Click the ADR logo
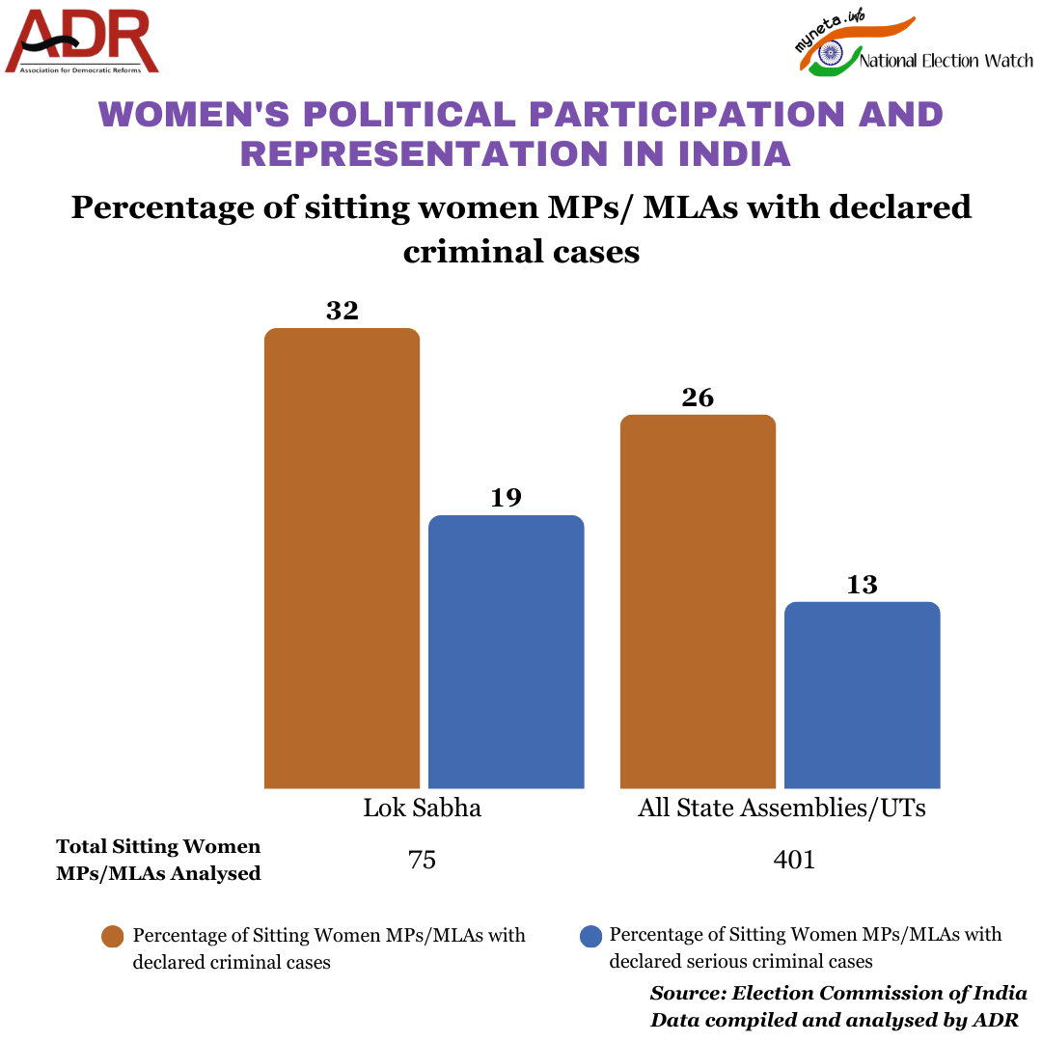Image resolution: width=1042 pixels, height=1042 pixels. (82, 41)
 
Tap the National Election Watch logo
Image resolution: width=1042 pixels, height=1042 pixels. (912, 48)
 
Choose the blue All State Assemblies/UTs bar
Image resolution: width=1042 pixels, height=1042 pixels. (862, 695)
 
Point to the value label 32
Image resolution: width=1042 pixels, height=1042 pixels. (343, 311)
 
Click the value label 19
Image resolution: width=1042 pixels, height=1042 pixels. (506, 498)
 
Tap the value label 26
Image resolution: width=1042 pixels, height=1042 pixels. (698, 398)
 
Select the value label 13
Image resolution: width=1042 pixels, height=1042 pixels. (862, 585)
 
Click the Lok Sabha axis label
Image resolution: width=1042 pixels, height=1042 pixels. (423, 808)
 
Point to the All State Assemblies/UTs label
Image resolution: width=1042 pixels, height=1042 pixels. (781, 808)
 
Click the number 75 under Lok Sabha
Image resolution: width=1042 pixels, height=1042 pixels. (423, 860)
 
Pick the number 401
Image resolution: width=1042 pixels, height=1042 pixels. (794, 860)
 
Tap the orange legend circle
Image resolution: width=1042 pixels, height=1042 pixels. (113, 937)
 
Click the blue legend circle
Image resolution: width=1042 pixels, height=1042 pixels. (590, 937)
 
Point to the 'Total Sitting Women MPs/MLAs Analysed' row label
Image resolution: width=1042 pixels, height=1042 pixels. (158, 860)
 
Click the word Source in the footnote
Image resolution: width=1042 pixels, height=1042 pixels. (687, 993)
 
